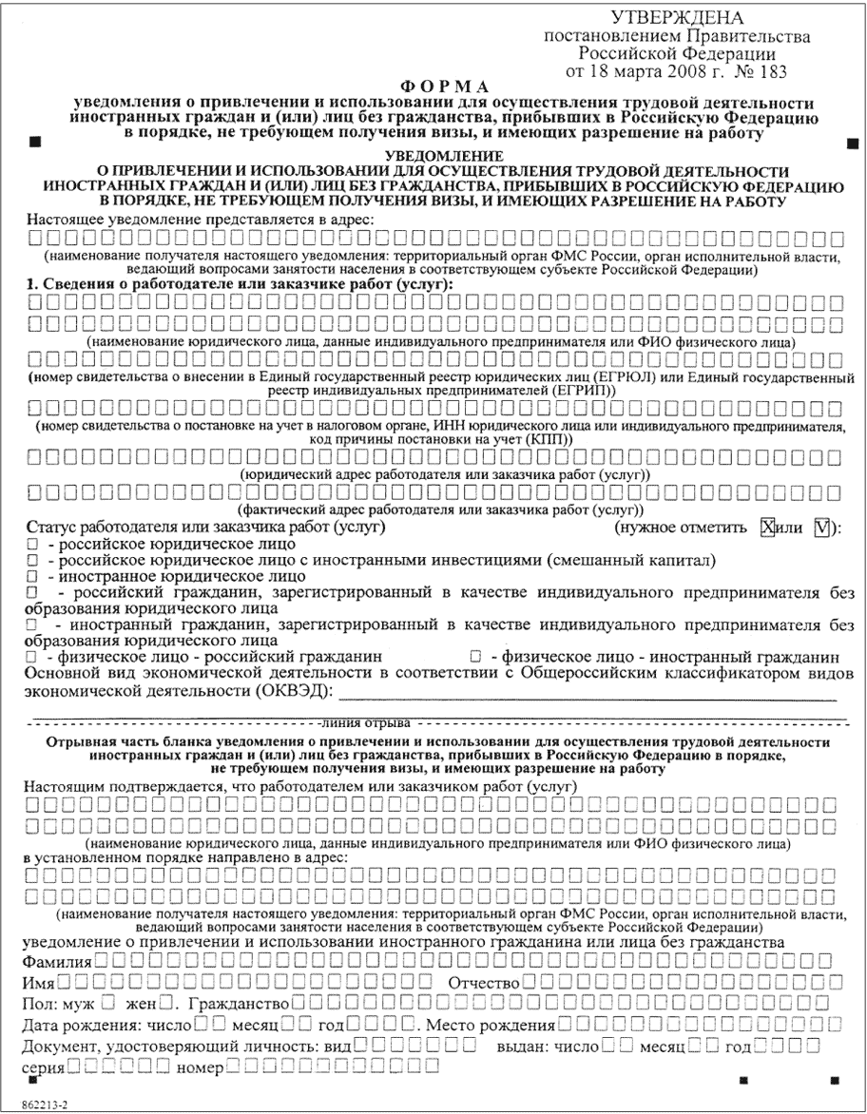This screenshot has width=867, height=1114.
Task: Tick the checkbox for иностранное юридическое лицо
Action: click(33, 576)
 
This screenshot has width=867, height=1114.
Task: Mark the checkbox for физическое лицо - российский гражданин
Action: click(33, 658)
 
